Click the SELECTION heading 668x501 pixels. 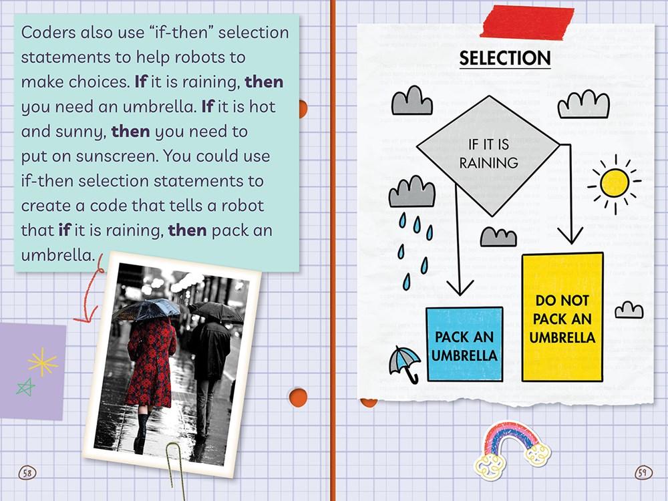[x=505, y=58]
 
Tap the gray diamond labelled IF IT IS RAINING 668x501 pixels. [x=488, y=155]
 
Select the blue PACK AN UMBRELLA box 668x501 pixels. [x=464, y=344]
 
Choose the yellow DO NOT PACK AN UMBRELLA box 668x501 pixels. [x=562, y=318]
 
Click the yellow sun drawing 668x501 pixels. [x=615, y=184]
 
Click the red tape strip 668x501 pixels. [x=527, y=23]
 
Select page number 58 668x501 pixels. [x=27, y=473]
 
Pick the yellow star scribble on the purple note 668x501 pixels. [x=42, y=362]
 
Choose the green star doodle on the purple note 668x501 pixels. [x=25, y=387]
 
